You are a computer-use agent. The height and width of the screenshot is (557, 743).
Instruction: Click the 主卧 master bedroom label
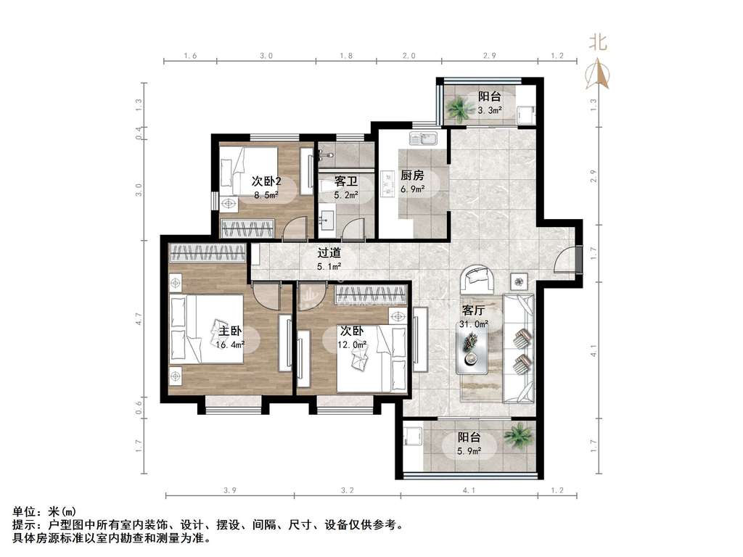pyautogui.click(x=230, y=331)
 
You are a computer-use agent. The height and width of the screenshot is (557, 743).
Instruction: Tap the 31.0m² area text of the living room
pyautogui.click(x=473, y=324)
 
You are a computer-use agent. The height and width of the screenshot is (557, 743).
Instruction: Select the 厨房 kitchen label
pyautogui.click(x=412, y=176)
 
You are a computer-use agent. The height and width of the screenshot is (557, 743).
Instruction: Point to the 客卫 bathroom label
pyautogui.click(x=346, y=181)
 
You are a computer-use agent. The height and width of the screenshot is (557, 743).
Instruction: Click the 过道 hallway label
pyautogui.click(x=329, y=253)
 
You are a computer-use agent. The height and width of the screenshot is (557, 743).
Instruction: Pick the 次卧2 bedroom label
pyautogui.click(x=266, y=181)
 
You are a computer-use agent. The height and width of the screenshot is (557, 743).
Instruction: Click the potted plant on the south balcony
pyautogui.click(x=519, y=435)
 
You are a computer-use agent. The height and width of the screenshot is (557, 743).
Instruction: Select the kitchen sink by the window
pyautogui.click(x=424, y=139)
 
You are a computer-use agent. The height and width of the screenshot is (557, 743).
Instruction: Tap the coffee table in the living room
pyautogui.click(x=472, y=350)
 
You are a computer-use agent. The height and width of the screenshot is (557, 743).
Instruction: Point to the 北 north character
pyautogui.click(x=598, y=41)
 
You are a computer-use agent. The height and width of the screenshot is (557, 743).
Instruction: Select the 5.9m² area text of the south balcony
pyautogui.click(x=469, y=451)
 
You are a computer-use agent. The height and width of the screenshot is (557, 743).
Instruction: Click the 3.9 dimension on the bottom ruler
pyautogui.click(x=230, y=491)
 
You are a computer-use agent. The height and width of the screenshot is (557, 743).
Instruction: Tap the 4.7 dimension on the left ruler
pyautogui.click(x=139, y=318)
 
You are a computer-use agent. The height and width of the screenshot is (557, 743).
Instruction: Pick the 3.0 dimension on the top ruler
pyautogui.click(x=266, y=55)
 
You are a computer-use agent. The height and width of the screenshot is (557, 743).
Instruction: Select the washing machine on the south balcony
pyautogui.click(x=413, y=436)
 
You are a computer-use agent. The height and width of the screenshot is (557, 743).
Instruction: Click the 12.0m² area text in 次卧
pyautogui.click(x=352, y=344)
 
